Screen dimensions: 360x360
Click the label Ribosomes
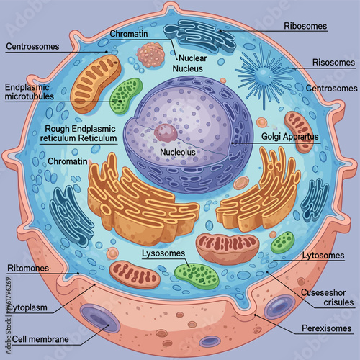305,26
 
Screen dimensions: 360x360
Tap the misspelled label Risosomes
334,63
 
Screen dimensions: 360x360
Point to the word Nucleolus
176,153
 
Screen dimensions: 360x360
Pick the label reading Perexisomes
326,328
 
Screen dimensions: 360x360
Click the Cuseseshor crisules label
329,296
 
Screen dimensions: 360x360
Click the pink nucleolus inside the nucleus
166,132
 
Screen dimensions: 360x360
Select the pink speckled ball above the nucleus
151,54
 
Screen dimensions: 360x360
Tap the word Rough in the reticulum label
58,128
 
